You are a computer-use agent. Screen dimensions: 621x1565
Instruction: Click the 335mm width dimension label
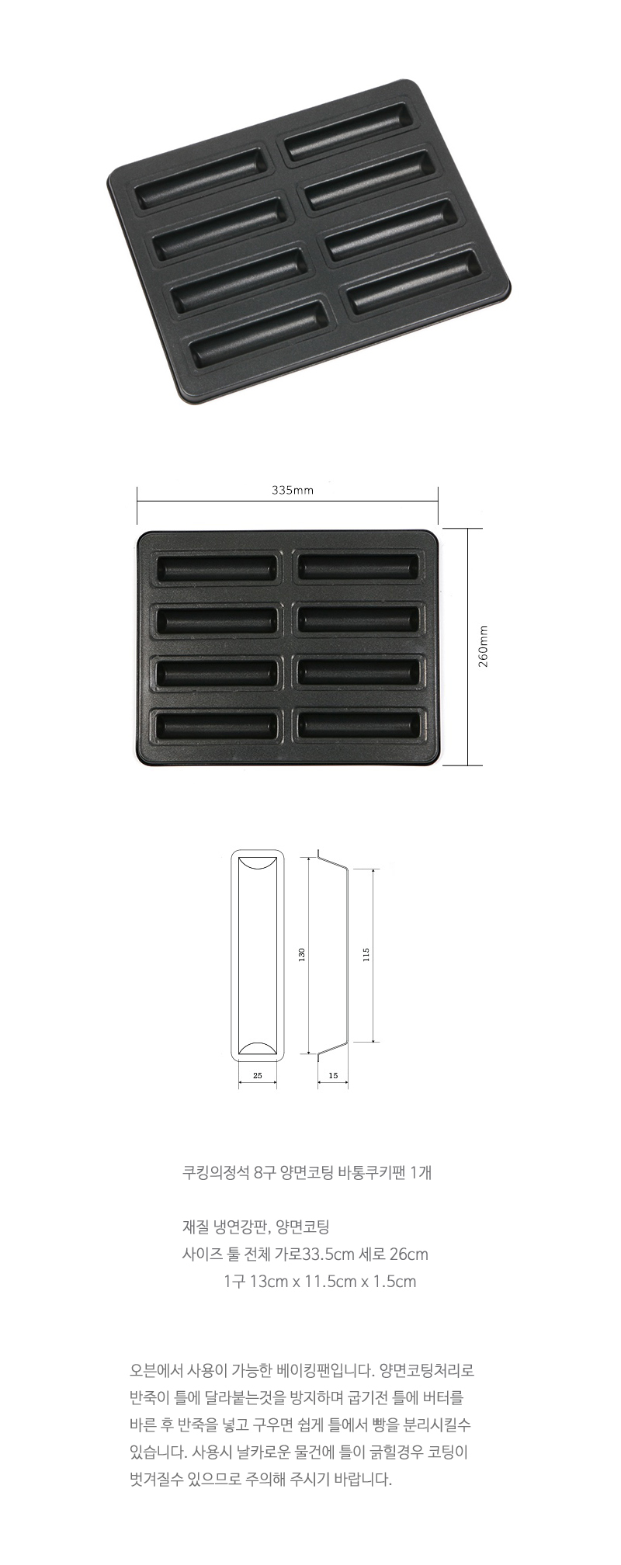(293, 490)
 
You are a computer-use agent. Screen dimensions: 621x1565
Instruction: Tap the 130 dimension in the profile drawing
(302, 954)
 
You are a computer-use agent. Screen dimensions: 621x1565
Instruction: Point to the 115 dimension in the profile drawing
(366, 954)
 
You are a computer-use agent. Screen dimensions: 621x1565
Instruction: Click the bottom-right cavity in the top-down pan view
(359, 725)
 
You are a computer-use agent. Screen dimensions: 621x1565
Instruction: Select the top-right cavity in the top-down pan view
(359, 567)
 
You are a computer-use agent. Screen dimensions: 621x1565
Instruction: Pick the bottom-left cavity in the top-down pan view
(217, 726)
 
